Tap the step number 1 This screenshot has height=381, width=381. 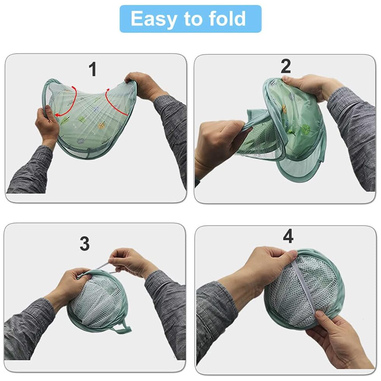pyautogui.click(x=92, y=69)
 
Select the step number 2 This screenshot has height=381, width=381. pyautogui.click(x=286, y=66)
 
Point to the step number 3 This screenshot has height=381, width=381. pyautogui.click(x=85, y=244)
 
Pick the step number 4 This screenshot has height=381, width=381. pyautogui.click(x=288, y=236)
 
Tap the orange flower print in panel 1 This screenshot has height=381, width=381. pyautogui.click(x=101, y=125)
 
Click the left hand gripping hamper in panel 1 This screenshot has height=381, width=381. pyautogui.click(x=47, y=124)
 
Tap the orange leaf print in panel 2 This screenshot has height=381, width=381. pyautogui.click(x=284, y=108)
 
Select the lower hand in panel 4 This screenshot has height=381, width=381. pyautogui.click(x=340, y=340)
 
